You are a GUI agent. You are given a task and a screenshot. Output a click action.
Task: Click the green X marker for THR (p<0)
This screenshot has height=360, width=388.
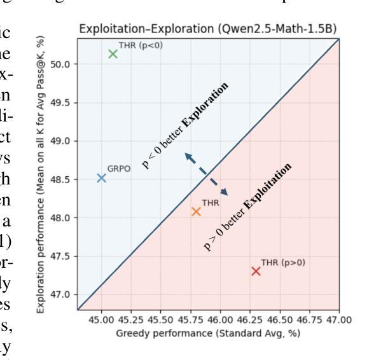tap(113, 53)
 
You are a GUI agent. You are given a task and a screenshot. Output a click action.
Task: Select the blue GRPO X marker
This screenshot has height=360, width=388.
tap(101, 177)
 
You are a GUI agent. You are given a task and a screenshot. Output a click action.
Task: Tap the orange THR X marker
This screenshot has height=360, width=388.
tap(196, 211)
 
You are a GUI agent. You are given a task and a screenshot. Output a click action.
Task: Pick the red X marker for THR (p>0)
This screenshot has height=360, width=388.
tap(256, 271)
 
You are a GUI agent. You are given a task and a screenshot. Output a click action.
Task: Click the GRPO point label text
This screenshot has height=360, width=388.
tap(118, 170)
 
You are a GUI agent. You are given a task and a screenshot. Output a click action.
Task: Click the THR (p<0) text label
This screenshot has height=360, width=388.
tap(137, 45)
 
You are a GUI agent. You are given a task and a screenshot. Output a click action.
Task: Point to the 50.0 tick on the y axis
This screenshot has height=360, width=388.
tap(61, 64)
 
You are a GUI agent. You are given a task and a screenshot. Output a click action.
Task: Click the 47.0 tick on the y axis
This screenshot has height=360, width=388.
tap(61, 294)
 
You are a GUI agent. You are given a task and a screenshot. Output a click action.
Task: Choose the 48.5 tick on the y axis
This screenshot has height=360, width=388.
tap(61, 179)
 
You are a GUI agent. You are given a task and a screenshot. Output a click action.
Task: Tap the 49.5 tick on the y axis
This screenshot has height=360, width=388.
tap(61, 102)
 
